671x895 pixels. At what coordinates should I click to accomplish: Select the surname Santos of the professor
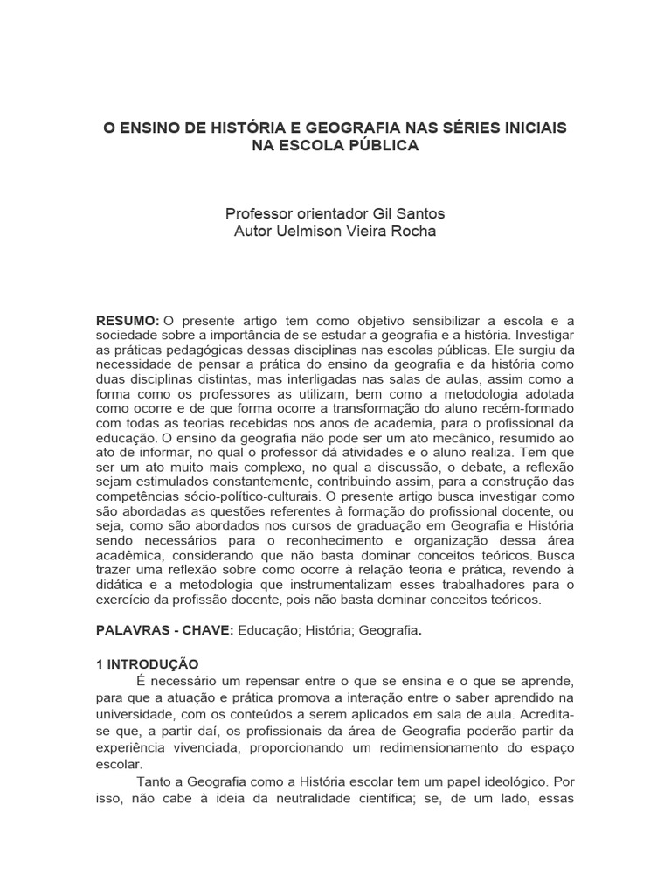[421, 213]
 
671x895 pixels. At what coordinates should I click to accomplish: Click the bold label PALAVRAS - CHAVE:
[164, 630]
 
